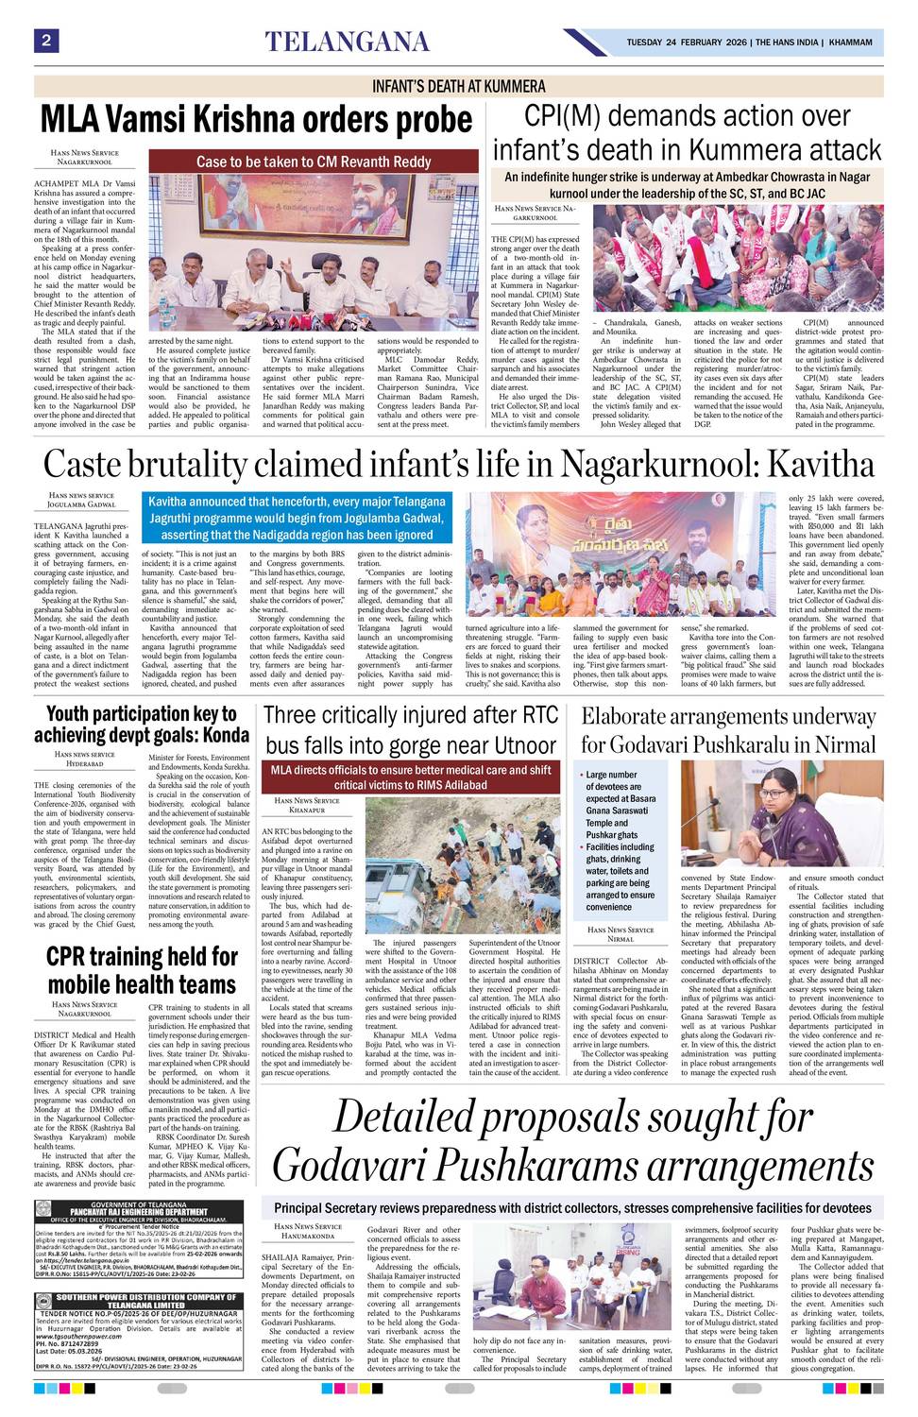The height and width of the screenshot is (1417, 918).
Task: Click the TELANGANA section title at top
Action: [347, 42]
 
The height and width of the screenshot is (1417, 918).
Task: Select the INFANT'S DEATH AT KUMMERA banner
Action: [459, 86]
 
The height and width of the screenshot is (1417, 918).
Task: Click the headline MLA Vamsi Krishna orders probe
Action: [256, 121]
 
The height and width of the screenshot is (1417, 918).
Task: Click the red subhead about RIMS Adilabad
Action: [410, 777]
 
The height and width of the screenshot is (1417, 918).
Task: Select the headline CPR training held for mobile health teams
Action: [142, 970]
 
